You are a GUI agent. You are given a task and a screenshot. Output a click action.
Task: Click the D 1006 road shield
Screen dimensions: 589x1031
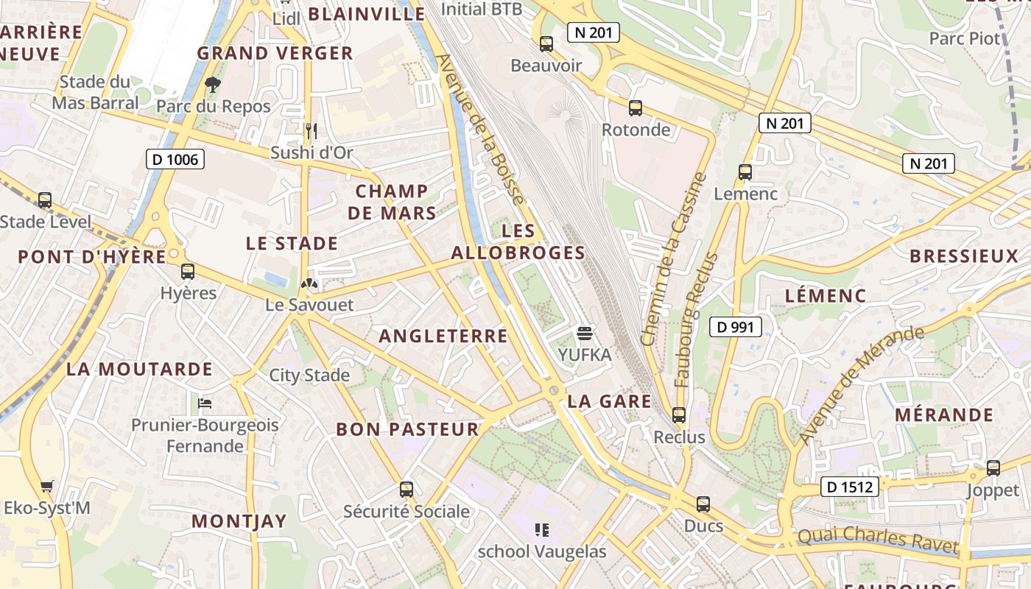(175, 159)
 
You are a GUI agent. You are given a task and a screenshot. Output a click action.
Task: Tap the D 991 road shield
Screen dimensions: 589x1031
(735, 326)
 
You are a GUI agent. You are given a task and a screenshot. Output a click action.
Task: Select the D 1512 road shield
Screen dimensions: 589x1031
(849, 487)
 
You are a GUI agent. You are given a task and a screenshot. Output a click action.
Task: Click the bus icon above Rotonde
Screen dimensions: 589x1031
(636, 108)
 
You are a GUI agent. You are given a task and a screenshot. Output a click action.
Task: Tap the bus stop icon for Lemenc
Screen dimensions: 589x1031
(745, 172)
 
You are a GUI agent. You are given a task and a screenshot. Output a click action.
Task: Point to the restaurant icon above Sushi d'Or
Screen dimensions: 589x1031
(312, 131)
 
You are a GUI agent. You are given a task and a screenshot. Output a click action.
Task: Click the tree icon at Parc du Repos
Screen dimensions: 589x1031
(213, 85)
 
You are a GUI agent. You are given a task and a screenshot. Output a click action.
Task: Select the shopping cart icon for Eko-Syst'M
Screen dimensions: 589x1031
(47, 486)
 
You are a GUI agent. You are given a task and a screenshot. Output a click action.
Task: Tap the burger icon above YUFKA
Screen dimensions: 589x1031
(585, 334)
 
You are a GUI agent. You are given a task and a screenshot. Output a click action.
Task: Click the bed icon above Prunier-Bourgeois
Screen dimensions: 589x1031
(205, 403)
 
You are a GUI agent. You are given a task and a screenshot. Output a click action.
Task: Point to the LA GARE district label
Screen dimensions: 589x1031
(609, 401)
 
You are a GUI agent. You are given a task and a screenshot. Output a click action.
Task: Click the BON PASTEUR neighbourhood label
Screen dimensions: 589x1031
(407, 429)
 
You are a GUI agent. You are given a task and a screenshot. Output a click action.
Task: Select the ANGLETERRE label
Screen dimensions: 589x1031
(443, 336)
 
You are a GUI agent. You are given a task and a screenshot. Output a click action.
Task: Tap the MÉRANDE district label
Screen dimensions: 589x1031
(944, 415)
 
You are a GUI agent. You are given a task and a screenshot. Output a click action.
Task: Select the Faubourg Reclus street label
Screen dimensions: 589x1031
(695, 320)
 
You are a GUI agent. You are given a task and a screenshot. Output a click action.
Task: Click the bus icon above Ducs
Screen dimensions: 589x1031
(703, 504)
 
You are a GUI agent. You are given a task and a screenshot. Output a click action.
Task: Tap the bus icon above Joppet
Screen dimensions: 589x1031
(993, 468)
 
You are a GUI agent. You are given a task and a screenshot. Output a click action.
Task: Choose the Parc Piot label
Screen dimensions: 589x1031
(965, 38)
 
